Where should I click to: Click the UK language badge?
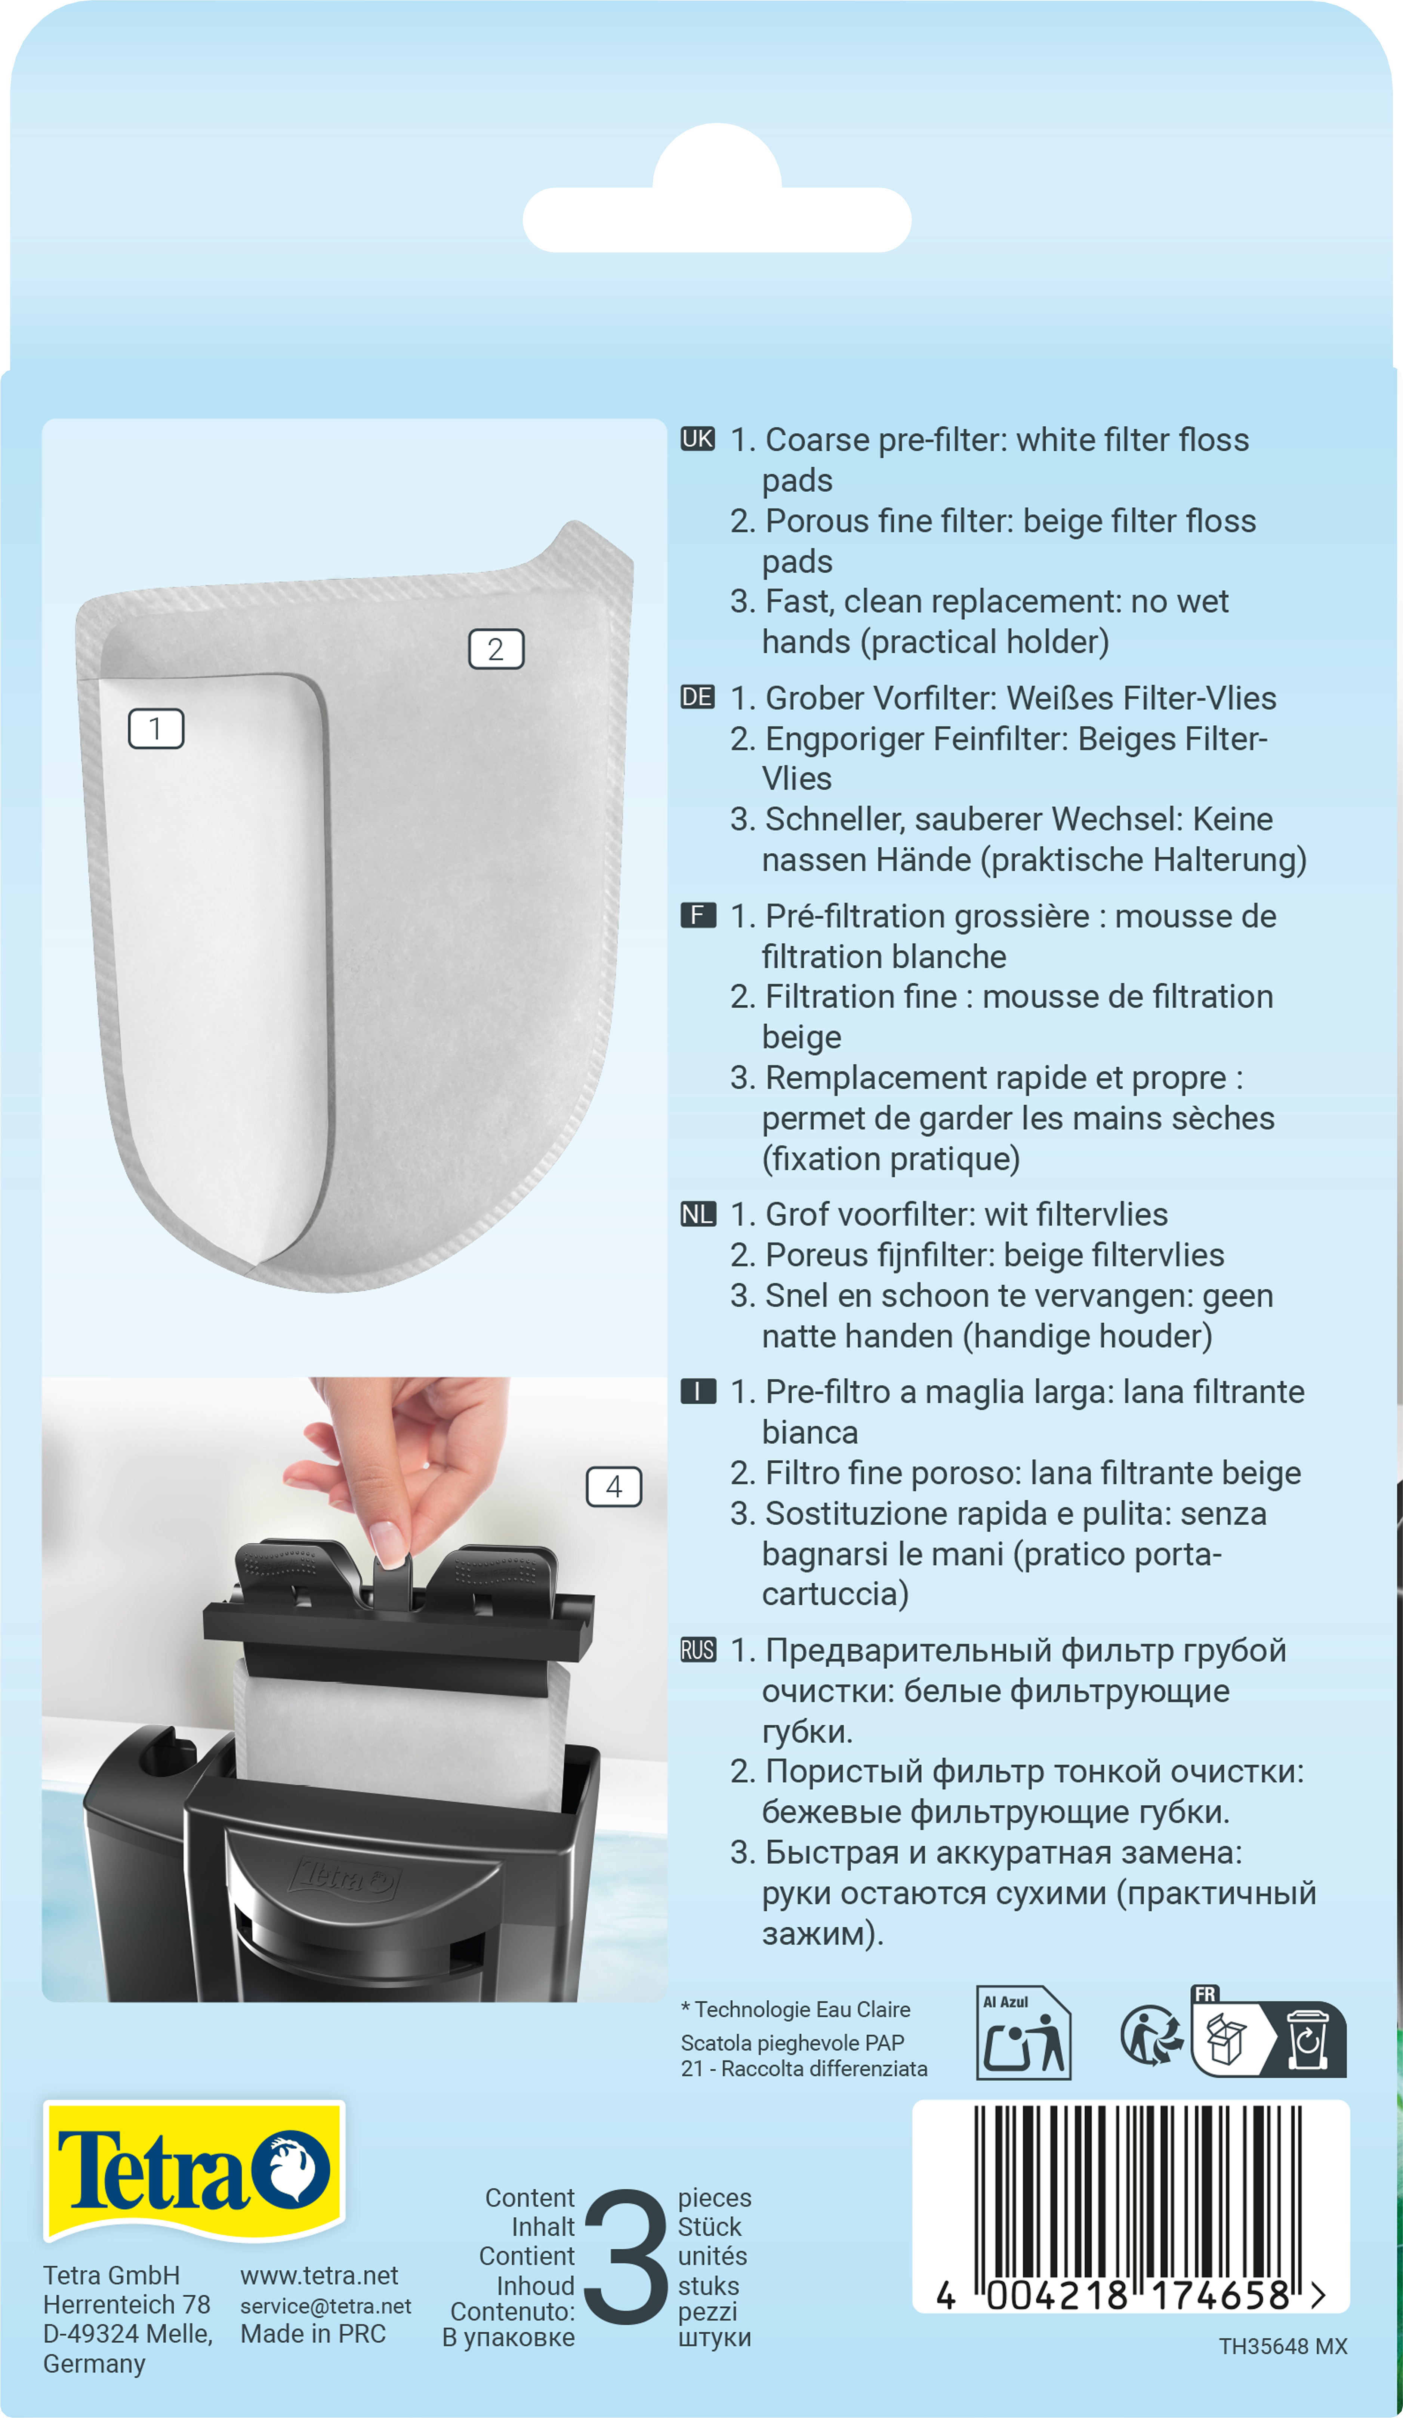tap(698, 439)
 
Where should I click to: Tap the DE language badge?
tap(698, 697)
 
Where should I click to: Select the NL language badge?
tap(698, 1214)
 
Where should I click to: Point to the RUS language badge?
tap(698, 1650)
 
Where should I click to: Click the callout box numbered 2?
tap(496, 649)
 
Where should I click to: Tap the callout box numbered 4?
tap(614, 1486)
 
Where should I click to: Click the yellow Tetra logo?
tap(194, 2170)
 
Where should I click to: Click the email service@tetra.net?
tap(325, 2306)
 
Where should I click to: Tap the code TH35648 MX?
tap(1283, 2346)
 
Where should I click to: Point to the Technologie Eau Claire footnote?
tap(796, 2009)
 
